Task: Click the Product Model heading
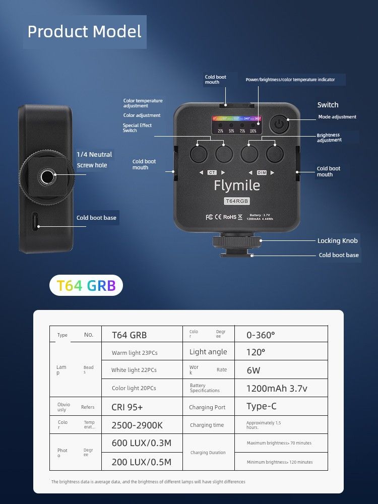[x=84, y=32]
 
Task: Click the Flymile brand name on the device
[x=237, y=185]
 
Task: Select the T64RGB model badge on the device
[x=237, y=201]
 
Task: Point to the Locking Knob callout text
[x=337, y=241]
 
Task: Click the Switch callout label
[x=328, y=105]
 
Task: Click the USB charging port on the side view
[x=36, y=221]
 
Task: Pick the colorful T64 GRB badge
[x=86, y=286]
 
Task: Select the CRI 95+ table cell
[x=127, y=407]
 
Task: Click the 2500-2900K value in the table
[x=137, y=425]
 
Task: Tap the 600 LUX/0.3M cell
[x=141, y=443]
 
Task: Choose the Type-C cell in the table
[x=262, y=406]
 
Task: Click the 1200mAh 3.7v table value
[x=277, y=389]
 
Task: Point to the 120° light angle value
[x=256, y=352]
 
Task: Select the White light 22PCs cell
[x=134, y=370]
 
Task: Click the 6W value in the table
[x=254, y=370]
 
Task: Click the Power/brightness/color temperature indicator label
[x=289, y=80]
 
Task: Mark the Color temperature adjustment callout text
[x=143, y=103]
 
